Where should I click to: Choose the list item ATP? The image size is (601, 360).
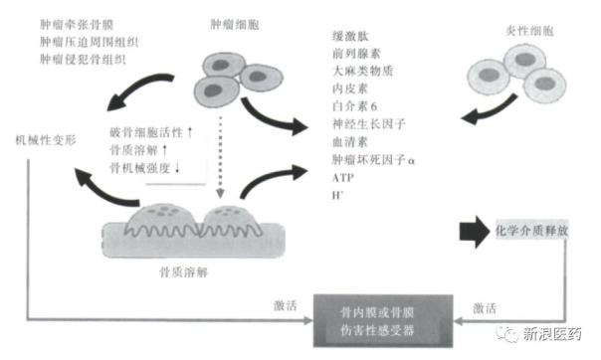(341, 175)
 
